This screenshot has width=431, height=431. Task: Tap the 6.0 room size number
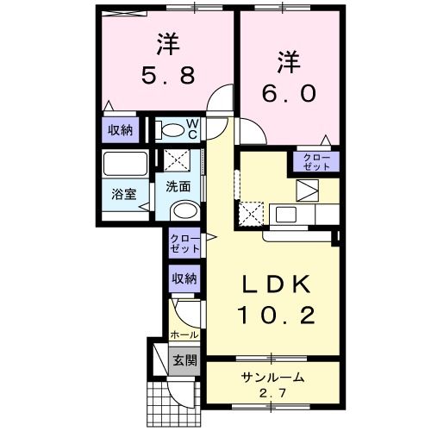[x=287, y=89]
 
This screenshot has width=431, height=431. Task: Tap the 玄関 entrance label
[x=184, y=360]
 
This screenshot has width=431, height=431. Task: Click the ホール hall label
[x=184, y=334]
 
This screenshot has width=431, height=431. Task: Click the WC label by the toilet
[x=192, y=128]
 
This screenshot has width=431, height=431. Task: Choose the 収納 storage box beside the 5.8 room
[x=120, y=130]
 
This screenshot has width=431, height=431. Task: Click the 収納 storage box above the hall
[x=184, y=278]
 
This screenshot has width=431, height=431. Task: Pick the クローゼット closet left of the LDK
[x=184, y=243]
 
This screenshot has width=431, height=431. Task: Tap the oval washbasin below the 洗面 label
[x=182, y=211]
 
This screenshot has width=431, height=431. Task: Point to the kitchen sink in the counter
[x=285, y=213]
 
